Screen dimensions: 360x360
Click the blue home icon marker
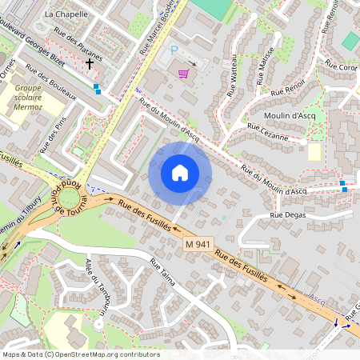pyautogui.click(x=180, y=173)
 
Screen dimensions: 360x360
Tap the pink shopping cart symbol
pyautogui.click(x=184, y=74)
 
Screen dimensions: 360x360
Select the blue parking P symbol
pyautogui.click(x=174, y=50)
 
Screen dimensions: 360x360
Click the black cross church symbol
pyautogui.click(x=89, y=62)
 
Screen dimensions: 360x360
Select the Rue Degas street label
pyautogui.click(x=287, y=214)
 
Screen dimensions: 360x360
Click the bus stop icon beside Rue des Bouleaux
pyautogui.click(x=98, y=88)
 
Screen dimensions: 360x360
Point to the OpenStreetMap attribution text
pyautogui.click(x=81, y=354)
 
